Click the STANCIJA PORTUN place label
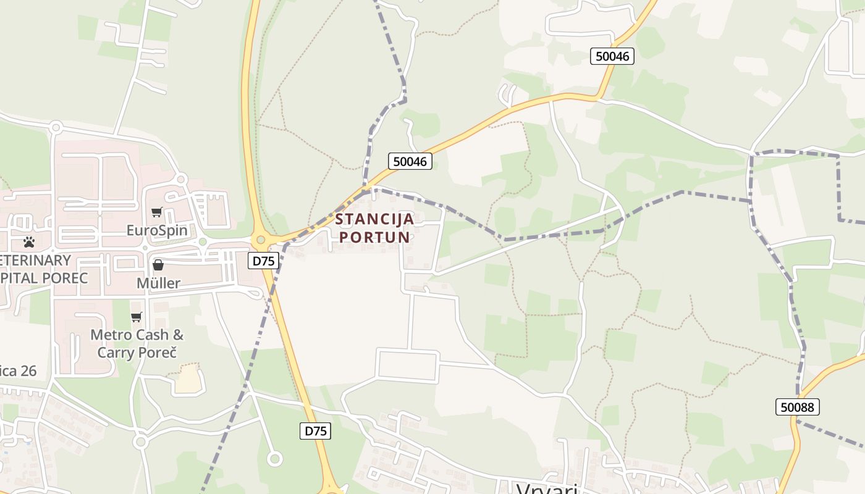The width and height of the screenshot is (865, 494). pyautogui.click(x=375, y=227)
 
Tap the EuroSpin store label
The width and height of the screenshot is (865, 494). pyautogui.click(x=157, y=230)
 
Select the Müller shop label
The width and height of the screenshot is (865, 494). pyautogui.click(x=158, y=283)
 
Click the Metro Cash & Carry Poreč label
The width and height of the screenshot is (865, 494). pyautogui.click(x=137, y=343)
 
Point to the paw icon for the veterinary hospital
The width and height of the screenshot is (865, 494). pyautogui.click(x=28, y=241)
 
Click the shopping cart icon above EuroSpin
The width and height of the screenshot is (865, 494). pyautogui.click(x=157, y=212)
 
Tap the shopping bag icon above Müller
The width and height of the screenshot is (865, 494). pyautogui.click(x=158, y=265)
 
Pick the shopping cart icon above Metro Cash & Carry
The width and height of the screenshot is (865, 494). pyautogui.click(x=136, y=317)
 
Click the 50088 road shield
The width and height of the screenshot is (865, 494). pyautogui.click(x=797, y=407)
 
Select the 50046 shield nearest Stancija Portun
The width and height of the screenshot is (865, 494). pyautogui.click(x=410, y=162)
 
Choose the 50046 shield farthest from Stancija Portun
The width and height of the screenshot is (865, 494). pyautogui.click(x=612, y=56)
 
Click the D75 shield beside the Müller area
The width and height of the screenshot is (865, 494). pyautogui.click(x=264, y=261)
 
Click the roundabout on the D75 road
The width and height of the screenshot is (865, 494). pyautogui.click(x=261, y=240)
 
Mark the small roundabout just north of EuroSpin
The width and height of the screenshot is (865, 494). pyautogui.click(x=181, y=180)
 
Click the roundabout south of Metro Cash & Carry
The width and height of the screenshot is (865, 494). pyautogui.click(x=140, y=442)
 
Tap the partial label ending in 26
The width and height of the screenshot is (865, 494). pyautogui.click(x=19, y=371)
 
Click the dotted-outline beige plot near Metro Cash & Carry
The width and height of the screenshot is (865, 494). pyautogui.click(x=189, y=379)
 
